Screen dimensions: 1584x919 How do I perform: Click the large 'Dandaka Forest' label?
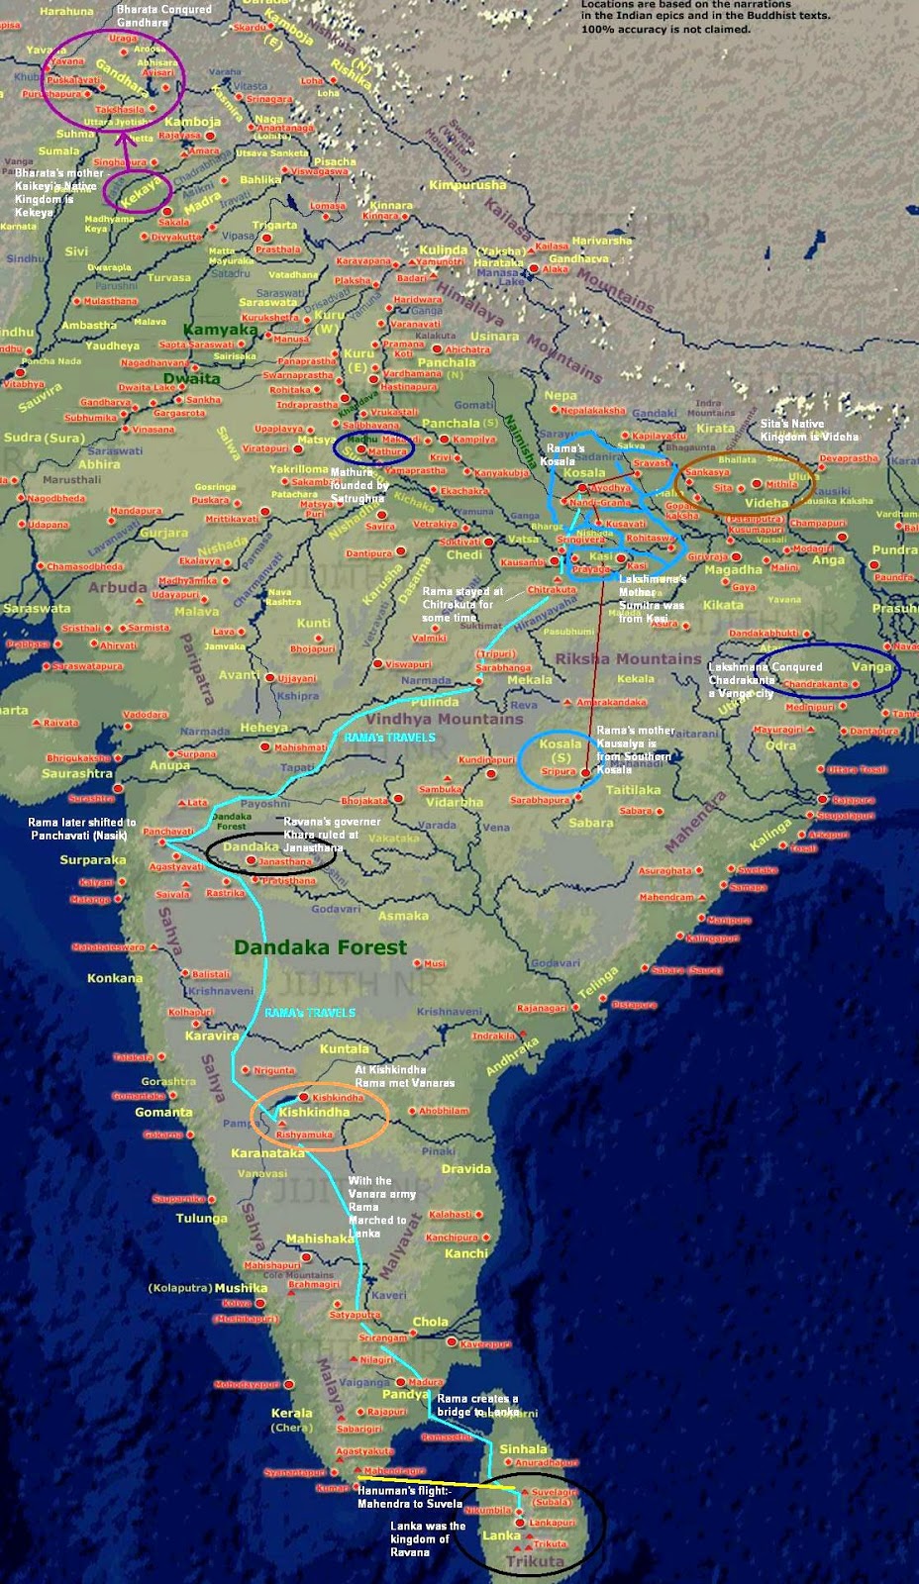[320, 947]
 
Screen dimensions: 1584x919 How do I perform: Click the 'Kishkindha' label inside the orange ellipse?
[314, 1113]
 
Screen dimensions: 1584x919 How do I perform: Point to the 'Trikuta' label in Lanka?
[535, 1561]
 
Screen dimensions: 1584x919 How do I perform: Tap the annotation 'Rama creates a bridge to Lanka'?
[477, 1405]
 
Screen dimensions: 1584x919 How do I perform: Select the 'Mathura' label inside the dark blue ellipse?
[388, 451]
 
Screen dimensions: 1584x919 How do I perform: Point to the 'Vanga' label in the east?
[871, 667]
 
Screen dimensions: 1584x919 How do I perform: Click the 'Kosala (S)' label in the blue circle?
[561, 750]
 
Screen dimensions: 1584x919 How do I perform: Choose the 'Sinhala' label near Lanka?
[523, 1448]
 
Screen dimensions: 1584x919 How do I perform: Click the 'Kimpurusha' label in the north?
[467, 185]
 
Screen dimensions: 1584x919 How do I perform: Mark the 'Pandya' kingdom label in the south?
[406, 1394]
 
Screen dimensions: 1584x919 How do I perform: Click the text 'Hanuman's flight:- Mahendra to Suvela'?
[409, 1497]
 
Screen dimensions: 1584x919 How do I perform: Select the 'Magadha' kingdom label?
[733, 569]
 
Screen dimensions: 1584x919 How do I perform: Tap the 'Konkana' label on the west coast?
[115, 978]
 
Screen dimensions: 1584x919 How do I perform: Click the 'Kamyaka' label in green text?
[221, 330]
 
